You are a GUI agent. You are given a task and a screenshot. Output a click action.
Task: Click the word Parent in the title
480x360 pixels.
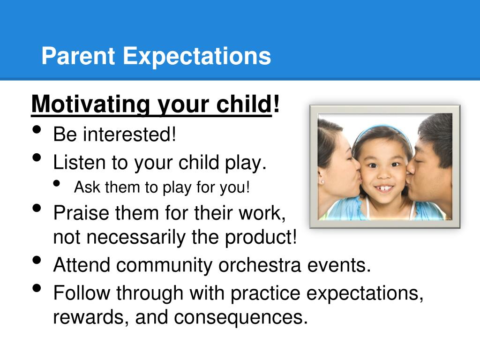(x=78, y=57)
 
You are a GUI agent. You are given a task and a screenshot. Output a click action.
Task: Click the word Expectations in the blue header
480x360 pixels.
(x=197, y=57)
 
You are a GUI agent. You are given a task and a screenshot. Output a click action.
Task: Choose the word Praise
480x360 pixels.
(x=81, y=213)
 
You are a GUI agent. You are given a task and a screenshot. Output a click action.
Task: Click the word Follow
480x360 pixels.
(x=82, y=293)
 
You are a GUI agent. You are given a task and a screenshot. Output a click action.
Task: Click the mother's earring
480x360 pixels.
(x=322, y=180)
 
